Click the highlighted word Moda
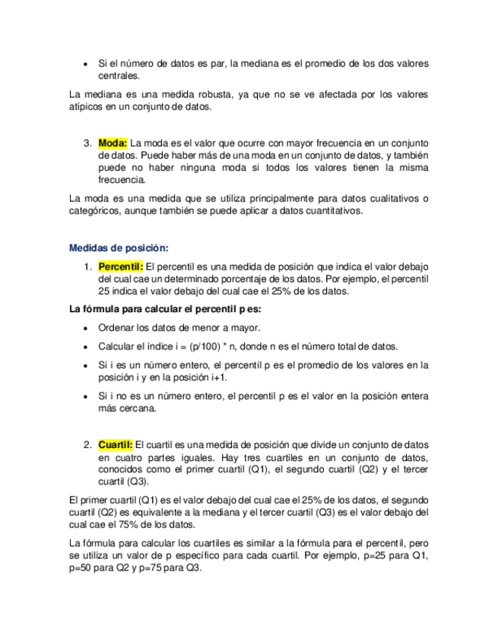coord(113,142)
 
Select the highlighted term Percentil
coord(121,267)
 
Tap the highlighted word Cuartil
coord(116,444)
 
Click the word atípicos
coord(87,107)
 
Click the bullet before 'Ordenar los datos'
coord(86,328)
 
